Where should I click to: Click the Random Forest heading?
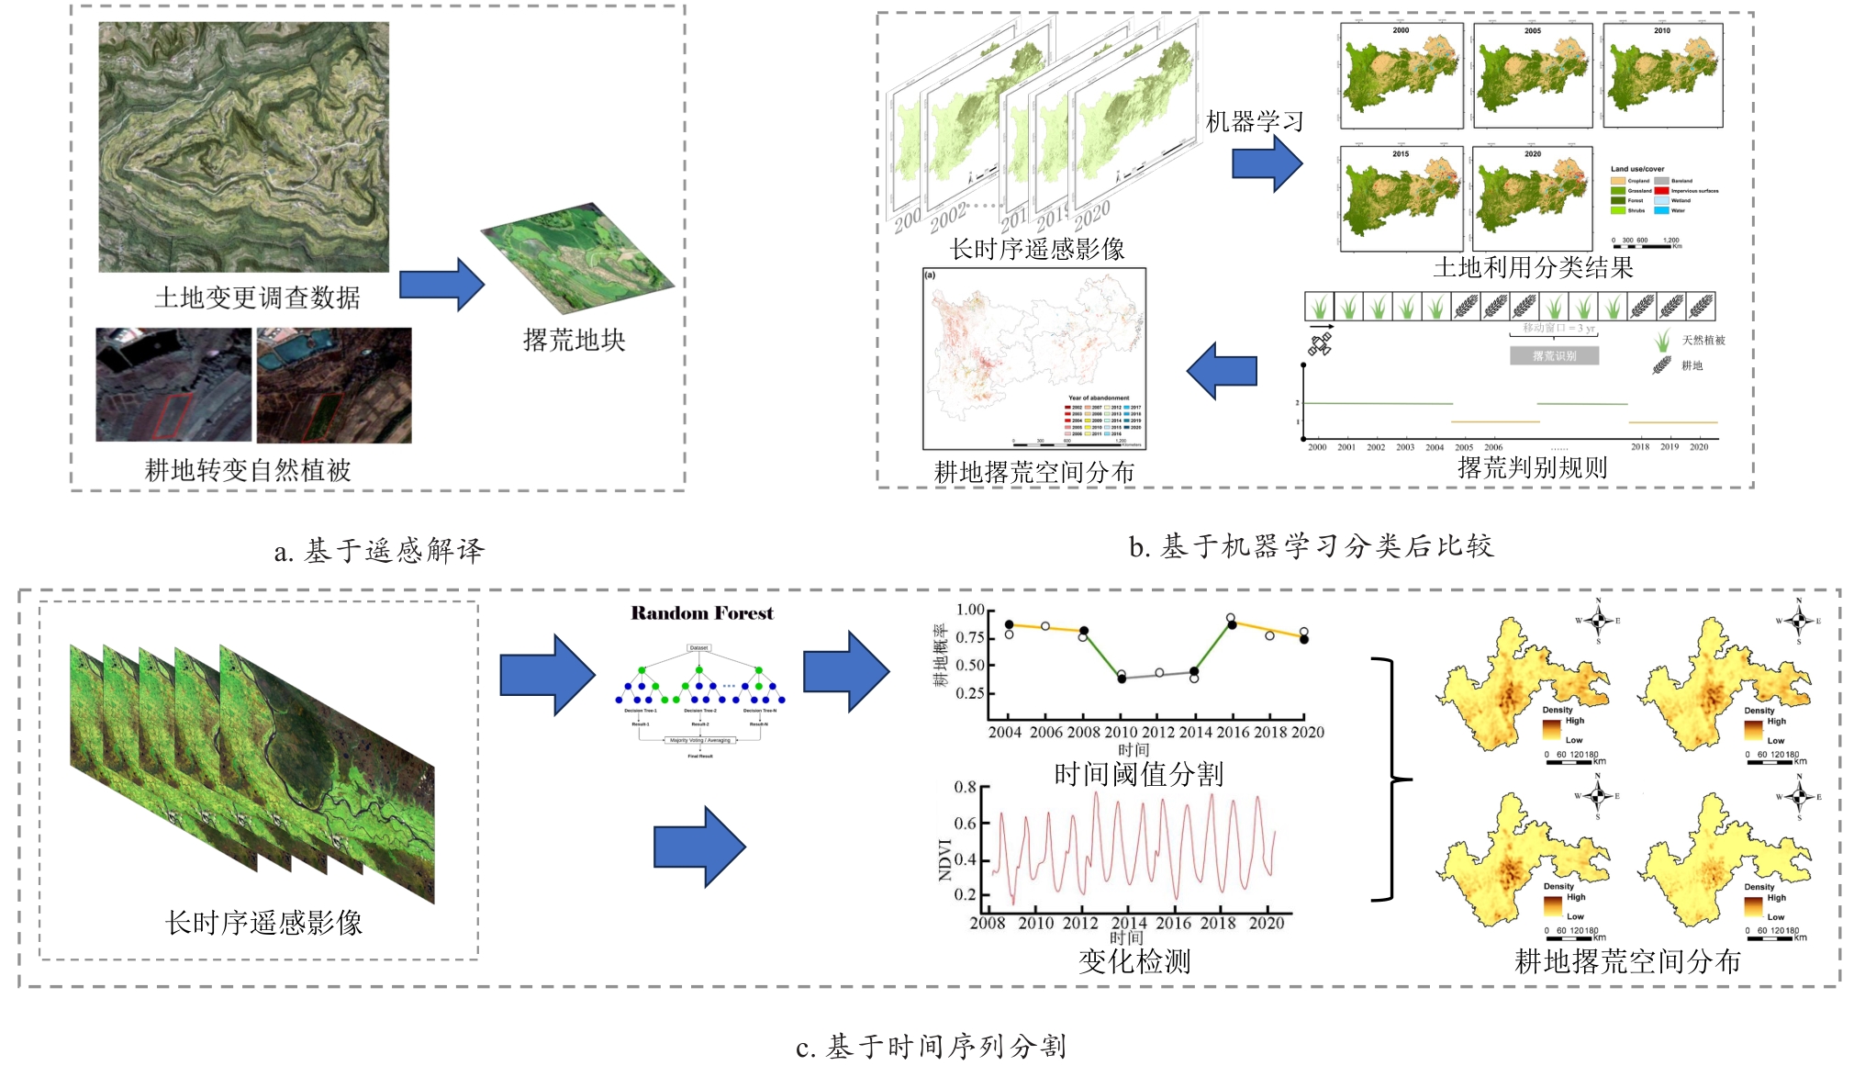pos(702,613)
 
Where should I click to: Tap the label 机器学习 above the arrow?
pos(1254,122)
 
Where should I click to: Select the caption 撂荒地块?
pos(574,341)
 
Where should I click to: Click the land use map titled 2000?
pos(1401,75)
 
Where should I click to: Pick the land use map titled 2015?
pos(1401,198)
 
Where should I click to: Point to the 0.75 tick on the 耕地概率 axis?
pos(970,637)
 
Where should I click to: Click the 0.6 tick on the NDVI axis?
pos(966,824)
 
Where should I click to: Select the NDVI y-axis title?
pos(944,859)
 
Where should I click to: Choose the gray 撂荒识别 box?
pos(1554,356)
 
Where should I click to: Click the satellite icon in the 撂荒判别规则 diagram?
pos(1320,345)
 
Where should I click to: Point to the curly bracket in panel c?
pos(1390,780)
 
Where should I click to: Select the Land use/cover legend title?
pos(1637,169)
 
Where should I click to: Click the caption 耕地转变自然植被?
pos(248,471)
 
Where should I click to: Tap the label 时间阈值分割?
pos(1138,775)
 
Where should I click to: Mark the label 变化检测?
pos(1134,962)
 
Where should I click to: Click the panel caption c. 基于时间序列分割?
pos(931,1047)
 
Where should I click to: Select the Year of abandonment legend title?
pos(1099,398)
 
